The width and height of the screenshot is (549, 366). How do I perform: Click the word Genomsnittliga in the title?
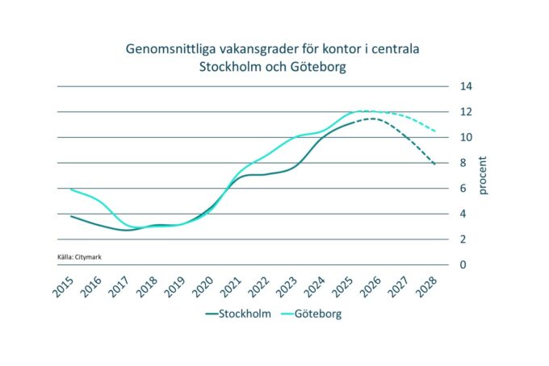pos(166,50)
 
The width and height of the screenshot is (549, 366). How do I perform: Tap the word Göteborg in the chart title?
pos(318,68)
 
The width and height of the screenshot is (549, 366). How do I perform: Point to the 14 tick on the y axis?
pos(466,86)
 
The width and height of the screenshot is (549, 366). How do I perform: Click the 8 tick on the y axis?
pos(463,163)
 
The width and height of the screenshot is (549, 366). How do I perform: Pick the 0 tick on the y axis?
pos(463,264)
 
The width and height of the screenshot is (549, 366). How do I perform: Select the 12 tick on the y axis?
pos(466,112)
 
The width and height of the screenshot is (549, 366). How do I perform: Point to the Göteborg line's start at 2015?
pos(71,189)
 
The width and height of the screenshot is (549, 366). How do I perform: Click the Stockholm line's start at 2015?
pos(71,216)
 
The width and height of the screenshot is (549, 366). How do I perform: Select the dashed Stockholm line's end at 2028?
pos(436,164)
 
